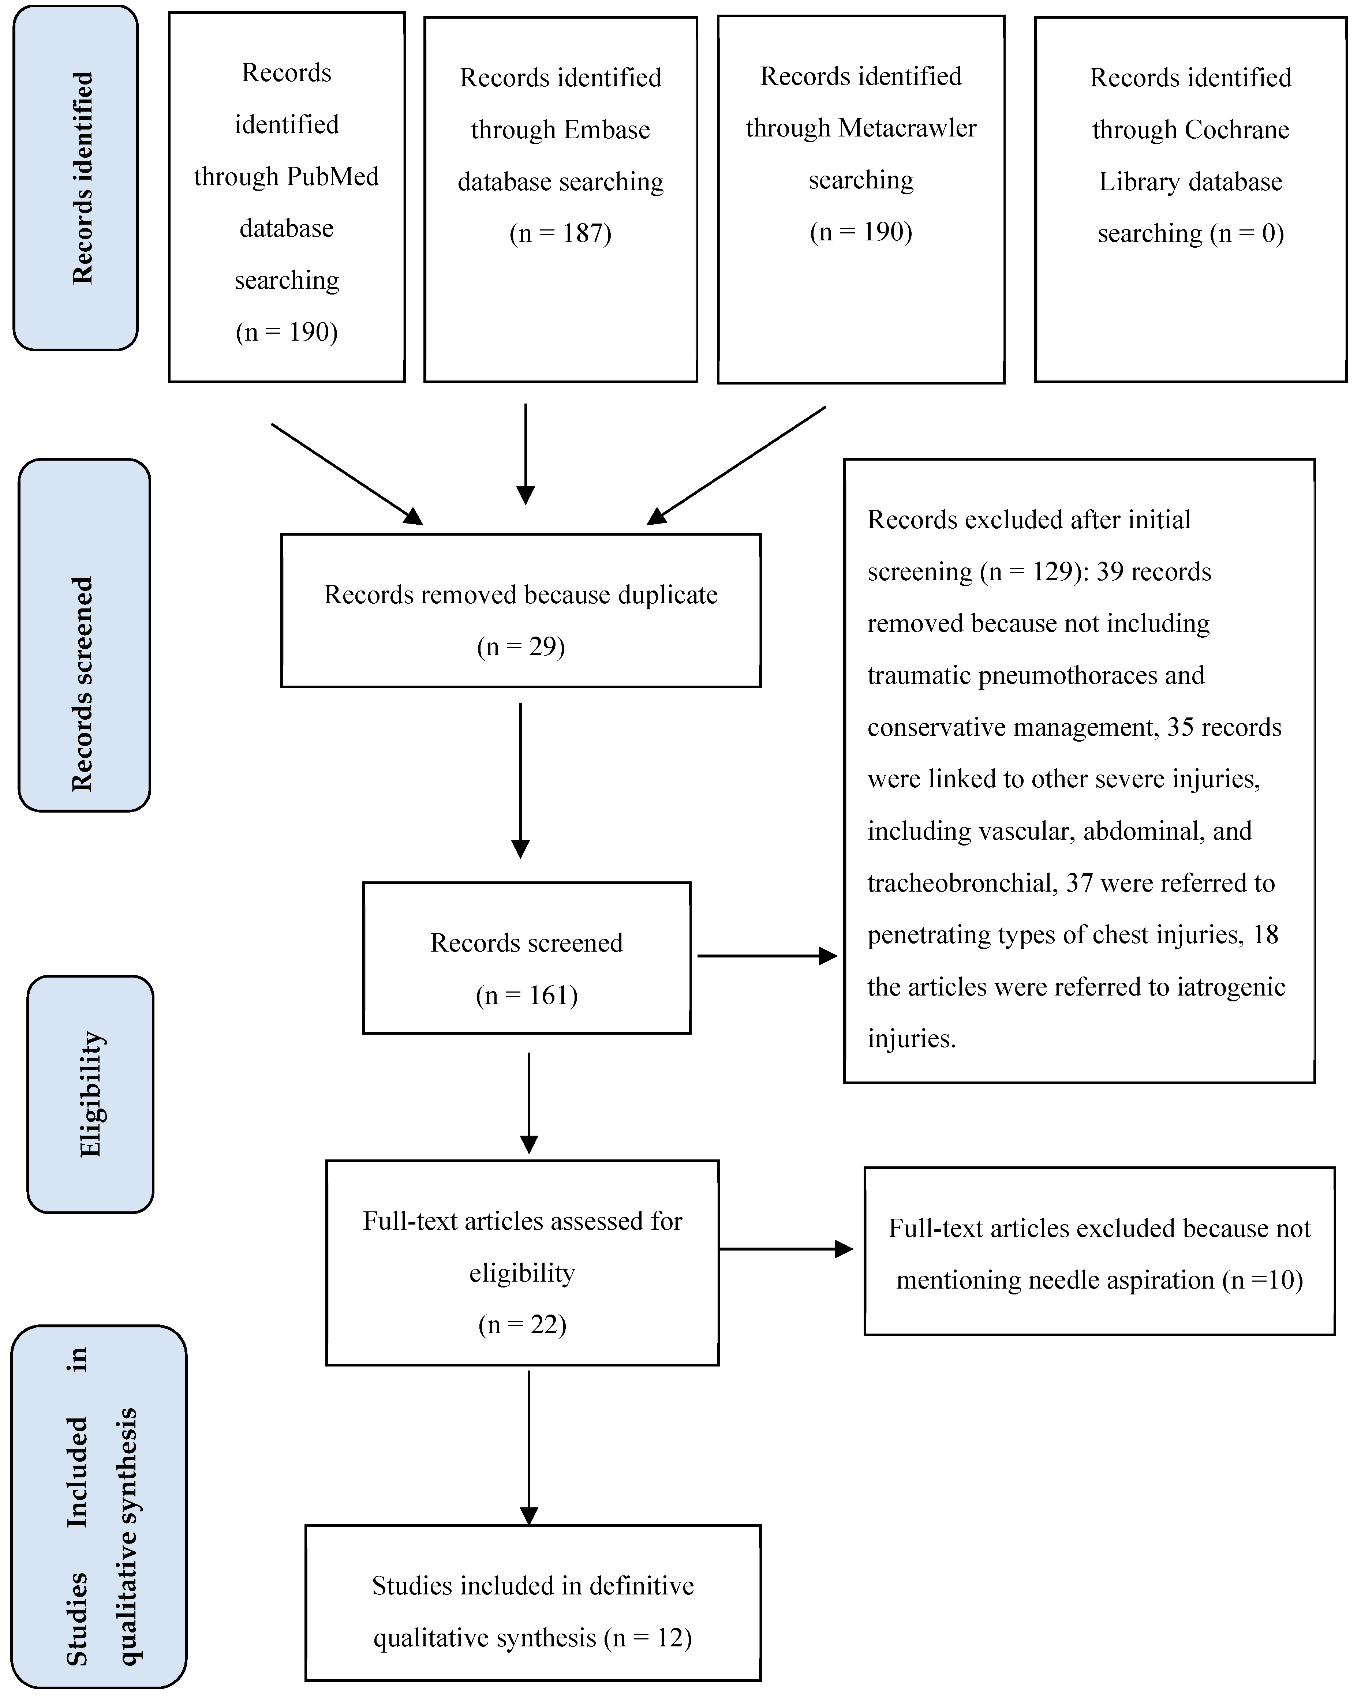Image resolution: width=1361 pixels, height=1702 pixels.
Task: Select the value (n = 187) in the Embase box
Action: click(x=561, y=234)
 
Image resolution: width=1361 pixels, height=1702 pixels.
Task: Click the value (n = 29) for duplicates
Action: click(x=521, y=646)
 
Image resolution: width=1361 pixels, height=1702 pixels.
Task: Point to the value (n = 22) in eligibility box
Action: click(x=523, y=1324)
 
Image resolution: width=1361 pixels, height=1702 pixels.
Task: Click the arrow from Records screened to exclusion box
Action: click(x=766, y=956)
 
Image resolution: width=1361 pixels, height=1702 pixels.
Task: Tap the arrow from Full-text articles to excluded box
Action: click(x=785, y=1249)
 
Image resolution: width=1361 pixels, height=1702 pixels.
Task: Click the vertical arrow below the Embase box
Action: click(x=525, y=454)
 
